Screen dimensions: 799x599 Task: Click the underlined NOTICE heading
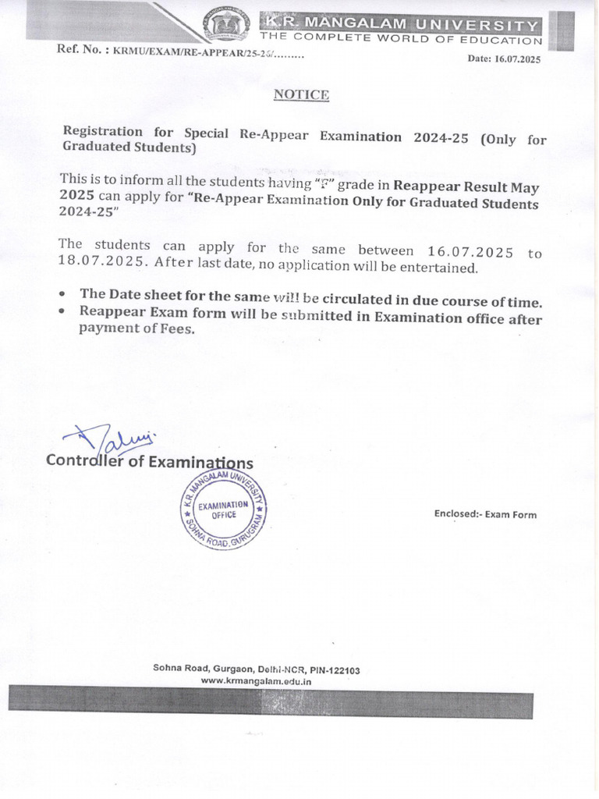pos(301,95)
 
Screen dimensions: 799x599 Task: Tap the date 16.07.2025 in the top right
pos(516,59)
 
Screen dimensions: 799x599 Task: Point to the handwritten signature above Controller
pos(109,439)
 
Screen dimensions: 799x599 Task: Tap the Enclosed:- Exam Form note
pos(485,514)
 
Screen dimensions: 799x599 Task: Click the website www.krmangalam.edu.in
pos(257,681)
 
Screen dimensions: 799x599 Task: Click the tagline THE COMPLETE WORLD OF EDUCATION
pos(401,40)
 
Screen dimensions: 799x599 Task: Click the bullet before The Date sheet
pos(62,296)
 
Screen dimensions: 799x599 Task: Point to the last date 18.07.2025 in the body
pos(101,264)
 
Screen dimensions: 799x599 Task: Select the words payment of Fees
pos(136,329)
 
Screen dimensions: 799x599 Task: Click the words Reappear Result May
pos(466,186)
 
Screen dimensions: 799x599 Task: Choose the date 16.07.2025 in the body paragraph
pos(470,250)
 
